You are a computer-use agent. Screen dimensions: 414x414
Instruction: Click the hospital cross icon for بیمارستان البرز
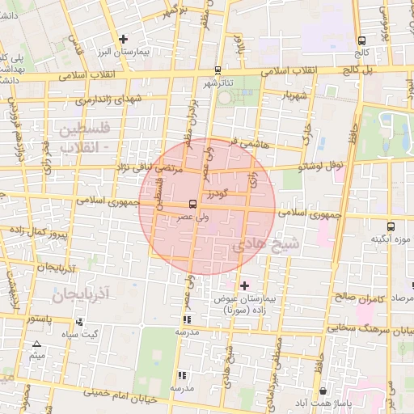click(x=123, y=38)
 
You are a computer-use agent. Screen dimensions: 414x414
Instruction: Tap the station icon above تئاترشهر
click(x=218, y=70)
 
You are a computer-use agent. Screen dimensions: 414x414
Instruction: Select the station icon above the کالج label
click(x=361, y=40)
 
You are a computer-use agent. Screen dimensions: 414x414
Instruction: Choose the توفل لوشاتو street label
click(x=321, y=167)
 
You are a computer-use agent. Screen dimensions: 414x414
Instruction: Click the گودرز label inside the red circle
click(x=218, y=194)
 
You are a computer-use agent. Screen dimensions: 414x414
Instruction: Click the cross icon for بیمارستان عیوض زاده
click(x=245, y=285)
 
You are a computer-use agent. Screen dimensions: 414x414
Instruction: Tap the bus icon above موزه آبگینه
click(x=391, y=227)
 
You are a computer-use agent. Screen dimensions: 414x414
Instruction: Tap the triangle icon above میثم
click(x=36, y=344)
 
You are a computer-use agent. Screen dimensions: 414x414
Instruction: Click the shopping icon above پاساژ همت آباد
click(x=323, y=391)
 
